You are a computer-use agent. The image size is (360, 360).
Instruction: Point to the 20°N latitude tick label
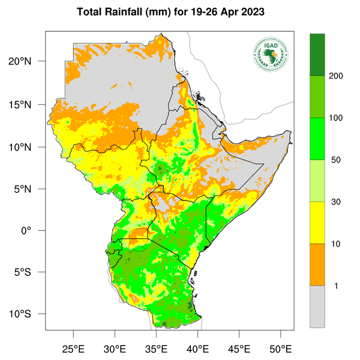click(x=29, y=62)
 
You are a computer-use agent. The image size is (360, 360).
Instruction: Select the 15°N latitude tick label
click(x=29, y=104)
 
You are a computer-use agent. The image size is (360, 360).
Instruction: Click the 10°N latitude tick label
click(x=29, y=146)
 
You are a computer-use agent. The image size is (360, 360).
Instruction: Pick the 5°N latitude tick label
click(x=31, y=188)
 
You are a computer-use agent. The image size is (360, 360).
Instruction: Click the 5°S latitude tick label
click(x=31, y=272)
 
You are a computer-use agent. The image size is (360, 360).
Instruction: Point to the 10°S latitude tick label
click(x=29, y=314)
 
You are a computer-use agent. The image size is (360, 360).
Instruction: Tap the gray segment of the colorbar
click(x=317, y=307)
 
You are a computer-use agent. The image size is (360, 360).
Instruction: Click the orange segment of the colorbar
click(x=317, y=265)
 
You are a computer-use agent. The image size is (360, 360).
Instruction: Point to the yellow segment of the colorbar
click(x=317, y=223)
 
